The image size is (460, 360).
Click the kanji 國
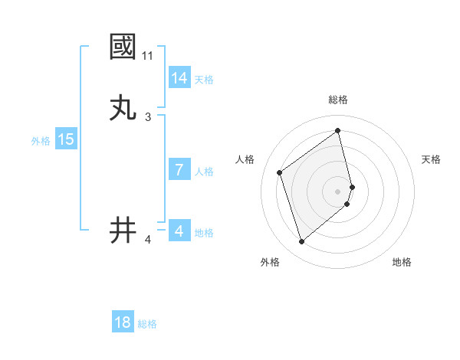pyautogui.click(x=123, y=47)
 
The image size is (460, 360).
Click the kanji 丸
pyautogui.click(x=123, y=108)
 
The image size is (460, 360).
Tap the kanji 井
pyautogui.click(x=123, y=230)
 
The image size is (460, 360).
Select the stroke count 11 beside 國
pyautogui.click(x=148, y=56)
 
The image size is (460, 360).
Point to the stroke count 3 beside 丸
pyautogui.click(x=148, y=117)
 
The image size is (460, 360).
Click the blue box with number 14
pyautogui.click(x=179, y=78)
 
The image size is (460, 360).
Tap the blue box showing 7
pyautogui.click(x=179, y=170)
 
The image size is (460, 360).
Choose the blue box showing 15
pyautogui.click(x=66, y=139)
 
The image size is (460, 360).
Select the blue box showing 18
pyautogui.click(x=123, y=322)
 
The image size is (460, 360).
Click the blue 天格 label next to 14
pyautogui.click(x=204, y=80)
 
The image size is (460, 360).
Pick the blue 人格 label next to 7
pyautogui.click(x=204, y=172)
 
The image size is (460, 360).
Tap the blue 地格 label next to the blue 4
pyautogui.click(x=204, y=233)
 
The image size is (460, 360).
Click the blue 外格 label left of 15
pyautogui.click(x=41, y=141)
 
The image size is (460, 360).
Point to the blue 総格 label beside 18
pyautogui.click(x=147, y=324)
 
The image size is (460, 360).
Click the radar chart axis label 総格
pyautogui.click(x=338, y=100)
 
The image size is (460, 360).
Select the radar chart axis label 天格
pyautogui.click(x=432, y=159)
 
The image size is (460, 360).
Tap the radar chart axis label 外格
pyautogui.click(x=270, y=262)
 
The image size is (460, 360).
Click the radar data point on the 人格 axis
pyautogui.click(x=280, y=172)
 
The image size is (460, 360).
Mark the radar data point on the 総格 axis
pyautogui.click(x=338, y=130)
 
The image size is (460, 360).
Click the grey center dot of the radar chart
pyautogui.click(x=338, y=191)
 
